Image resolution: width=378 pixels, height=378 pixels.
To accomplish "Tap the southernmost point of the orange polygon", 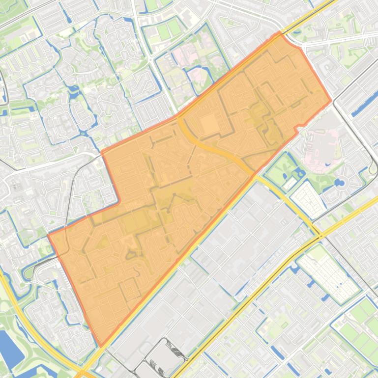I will coord(101,347).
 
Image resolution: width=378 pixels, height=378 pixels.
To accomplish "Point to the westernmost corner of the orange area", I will coord(48,235).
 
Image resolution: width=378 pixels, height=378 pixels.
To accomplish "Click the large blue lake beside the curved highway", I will coord(8,348).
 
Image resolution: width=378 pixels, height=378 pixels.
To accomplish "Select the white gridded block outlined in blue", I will coord(308,197).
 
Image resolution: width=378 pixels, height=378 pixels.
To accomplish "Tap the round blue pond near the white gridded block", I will coord(339,183).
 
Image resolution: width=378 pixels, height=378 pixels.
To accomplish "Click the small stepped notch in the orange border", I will coord(296,129).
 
